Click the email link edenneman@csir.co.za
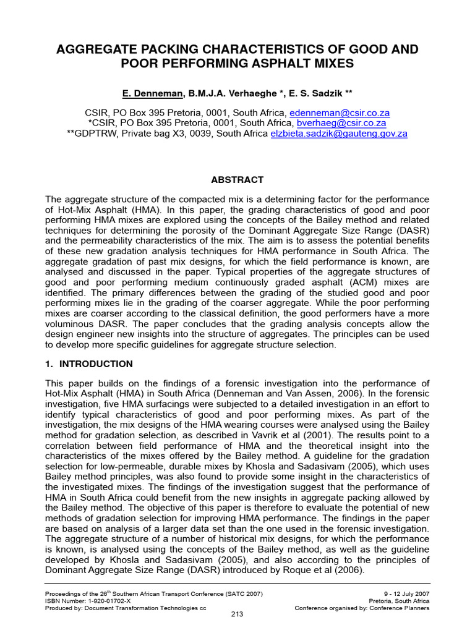click(340, 113)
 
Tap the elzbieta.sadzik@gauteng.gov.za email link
click(339, 133)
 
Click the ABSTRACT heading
click(237, 180)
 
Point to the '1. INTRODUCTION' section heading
click(89, 364)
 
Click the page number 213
click(237, 614)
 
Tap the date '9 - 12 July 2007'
click(403, 593)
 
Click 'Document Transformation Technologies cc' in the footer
click(140, 607)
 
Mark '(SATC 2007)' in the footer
click(242, 593)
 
